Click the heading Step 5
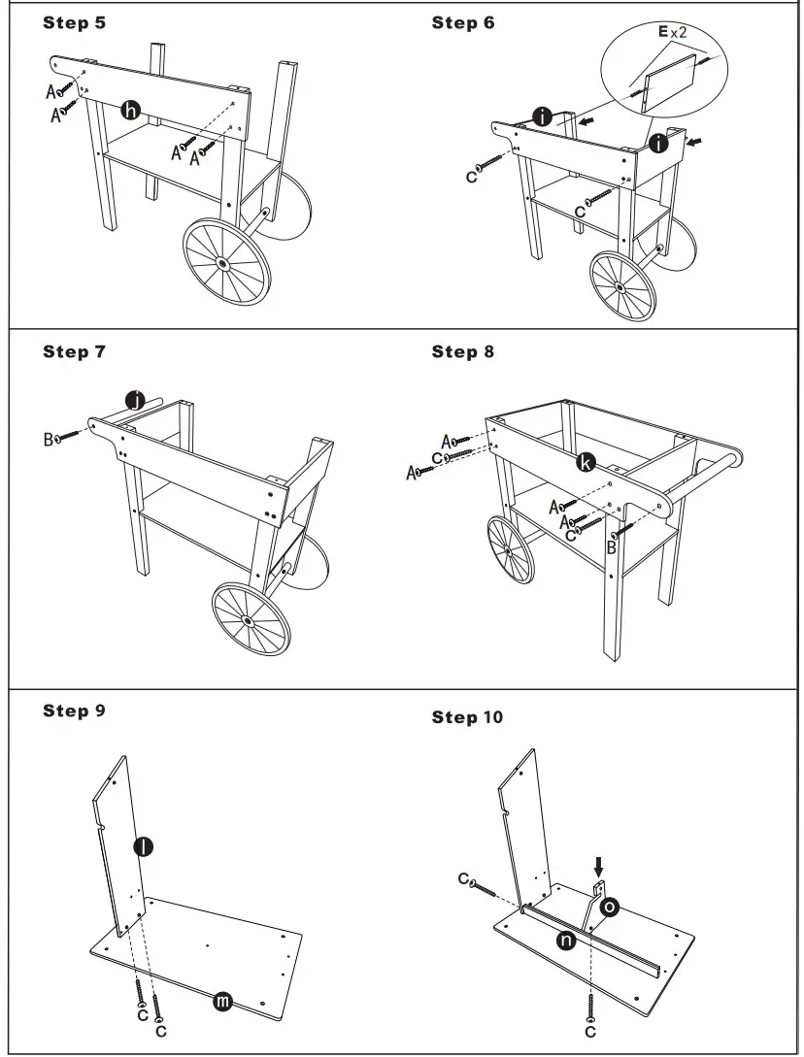point(74,22)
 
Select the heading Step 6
point(462,22)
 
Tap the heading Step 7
point(74,351)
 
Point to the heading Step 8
point(462,351)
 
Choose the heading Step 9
point(74,710)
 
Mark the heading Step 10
point(467,717)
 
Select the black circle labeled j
point(138,400)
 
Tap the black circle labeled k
point(586,463)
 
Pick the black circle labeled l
point(143,846)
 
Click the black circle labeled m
point(222,1002)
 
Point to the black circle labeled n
point(563,939)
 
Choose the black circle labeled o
point(610,907)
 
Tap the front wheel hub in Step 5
point(223,262)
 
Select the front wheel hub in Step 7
point(250,619)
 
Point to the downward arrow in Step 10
point(598,864)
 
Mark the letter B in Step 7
point(48,440)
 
